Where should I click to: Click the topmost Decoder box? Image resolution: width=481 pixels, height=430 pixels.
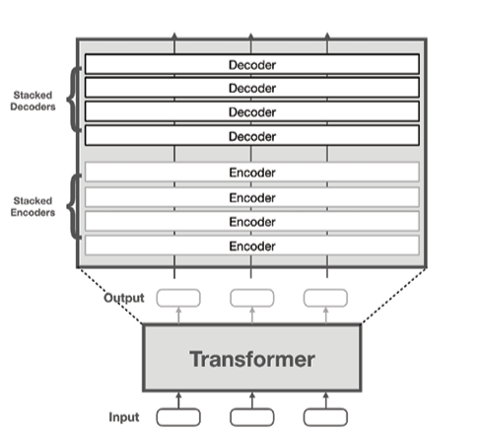tap(251, 65)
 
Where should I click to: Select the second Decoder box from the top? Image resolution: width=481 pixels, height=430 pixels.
tap(251, 89)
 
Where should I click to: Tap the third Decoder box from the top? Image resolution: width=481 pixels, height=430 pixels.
tap(251, 111)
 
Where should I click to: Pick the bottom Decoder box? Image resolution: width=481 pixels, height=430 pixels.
tap(251, 136)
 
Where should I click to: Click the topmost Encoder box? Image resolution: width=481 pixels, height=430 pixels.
tap(251, 173)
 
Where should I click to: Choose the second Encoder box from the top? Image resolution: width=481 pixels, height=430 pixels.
tap(251, 196)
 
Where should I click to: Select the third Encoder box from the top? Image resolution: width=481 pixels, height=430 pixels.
tap(251, 220)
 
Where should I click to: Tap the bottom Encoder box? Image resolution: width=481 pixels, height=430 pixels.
tap(251, 245)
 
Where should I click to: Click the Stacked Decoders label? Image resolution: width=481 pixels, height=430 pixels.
tap(33, 100)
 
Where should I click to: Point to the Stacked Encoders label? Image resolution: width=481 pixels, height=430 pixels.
tap(33, 206)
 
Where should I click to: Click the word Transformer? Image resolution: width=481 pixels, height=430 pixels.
tap(252, 359)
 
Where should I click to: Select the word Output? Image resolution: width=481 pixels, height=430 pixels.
tap(125, 297)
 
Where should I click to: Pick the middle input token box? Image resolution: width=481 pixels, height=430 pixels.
tap(252, 416)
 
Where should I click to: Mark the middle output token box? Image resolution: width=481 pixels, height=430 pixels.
tap(252, 297)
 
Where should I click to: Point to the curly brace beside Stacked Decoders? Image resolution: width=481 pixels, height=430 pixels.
tap(72, 100)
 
